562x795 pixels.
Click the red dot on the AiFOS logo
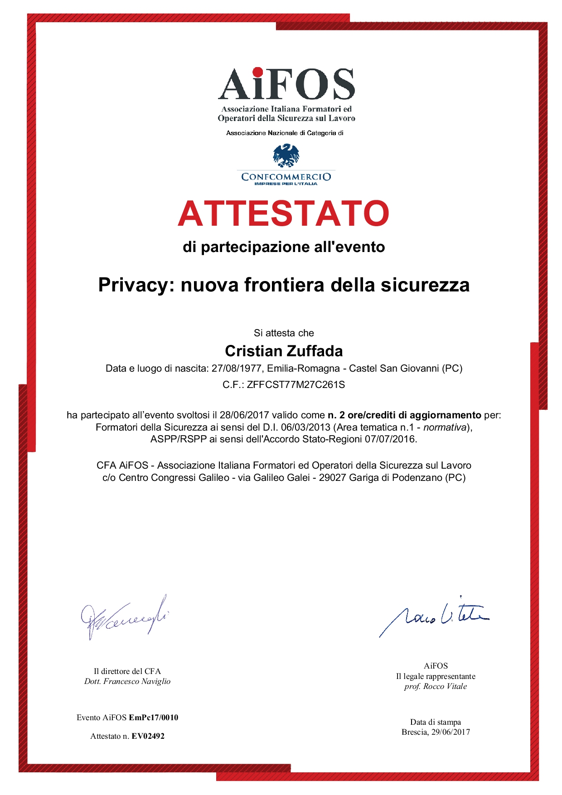click(257, 72)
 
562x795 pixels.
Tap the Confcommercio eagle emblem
click(286, 155)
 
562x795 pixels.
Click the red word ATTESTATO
click(284, 213)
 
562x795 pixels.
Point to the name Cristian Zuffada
click(284, 351)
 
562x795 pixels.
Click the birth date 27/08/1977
click(237, 368)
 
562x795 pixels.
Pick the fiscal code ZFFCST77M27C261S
click(296, 385)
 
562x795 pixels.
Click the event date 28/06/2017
click(244, 415)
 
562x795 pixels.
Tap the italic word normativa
click(445, 427)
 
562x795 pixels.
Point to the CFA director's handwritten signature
click(123, 617)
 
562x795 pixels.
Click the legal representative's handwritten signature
click(434, 616)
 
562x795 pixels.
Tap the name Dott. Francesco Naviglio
click(127, 681)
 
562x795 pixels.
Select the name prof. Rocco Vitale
click(436, 687)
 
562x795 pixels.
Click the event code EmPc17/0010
click(154, 717)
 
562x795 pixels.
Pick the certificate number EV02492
click(148, 736)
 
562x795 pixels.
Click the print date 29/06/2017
click(451, 732)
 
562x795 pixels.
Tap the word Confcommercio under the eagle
click(286, 177)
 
